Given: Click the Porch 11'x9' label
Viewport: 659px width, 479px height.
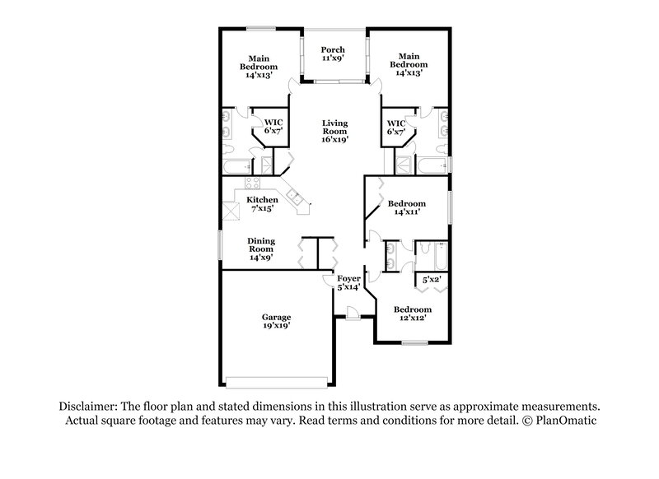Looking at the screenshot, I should coord(334,54).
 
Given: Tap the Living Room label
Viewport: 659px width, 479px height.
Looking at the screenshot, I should coord(334,131).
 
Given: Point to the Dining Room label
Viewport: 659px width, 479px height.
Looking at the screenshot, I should coord(261,249).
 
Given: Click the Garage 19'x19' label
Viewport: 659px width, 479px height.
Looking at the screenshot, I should coord(276,321).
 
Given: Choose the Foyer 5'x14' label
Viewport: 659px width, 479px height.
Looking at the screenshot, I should coord(348,282).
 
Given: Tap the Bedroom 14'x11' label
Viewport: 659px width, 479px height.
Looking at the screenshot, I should coord(406,207).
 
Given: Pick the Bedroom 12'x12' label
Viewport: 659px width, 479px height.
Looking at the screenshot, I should coord(412,314).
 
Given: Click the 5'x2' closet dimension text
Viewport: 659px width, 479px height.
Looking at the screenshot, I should coord(432,280).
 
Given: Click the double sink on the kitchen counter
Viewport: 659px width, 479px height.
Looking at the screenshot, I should coord(294,196).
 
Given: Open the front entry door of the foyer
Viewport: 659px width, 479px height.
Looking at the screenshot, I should coord(352,313).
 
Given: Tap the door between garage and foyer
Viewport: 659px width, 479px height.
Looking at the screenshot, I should coord(328,281).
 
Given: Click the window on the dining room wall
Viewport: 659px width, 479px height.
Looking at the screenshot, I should coord(220,245).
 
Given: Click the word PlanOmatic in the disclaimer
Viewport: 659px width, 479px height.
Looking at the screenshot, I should coord(566,421).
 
